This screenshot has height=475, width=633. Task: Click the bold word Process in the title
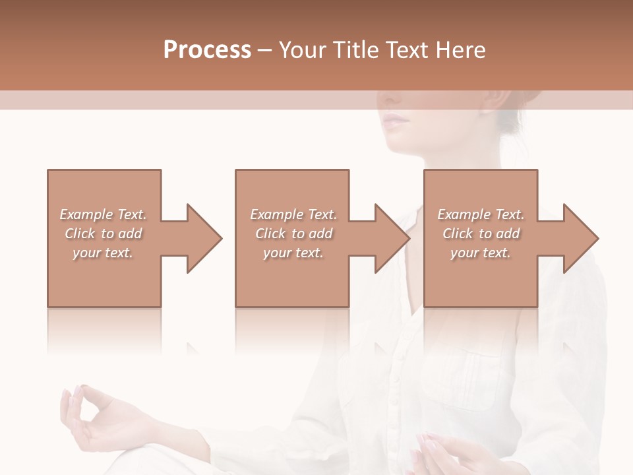coord(207,50)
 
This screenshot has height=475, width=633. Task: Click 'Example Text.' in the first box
coord(104,214)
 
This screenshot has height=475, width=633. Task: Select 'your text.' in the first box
coord(104,253)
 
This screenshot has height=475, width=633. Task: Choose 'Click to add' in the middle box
coord(293,234)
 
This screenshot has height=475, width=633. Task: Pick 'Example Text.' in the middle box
coord(293,214)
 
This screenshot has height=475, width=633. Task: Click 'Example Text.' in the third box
coord(481,214)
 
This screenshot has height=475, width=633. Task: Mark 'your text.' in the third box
coord(481,253)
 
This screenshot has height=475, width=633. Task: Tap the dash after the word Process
coord(265,50)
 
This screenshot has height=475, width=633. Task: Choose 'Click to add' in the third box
coord(481,234)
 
